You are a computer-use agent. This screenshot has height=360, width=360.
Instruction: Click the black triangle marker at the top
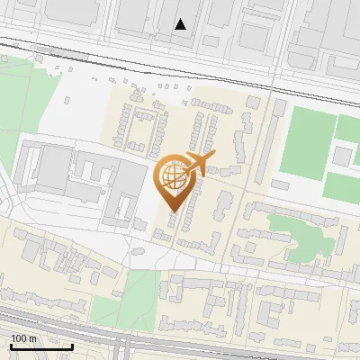tap(181, 24)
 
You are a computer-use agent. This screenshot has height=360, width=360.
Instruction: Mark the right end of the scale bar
tap(72, 346)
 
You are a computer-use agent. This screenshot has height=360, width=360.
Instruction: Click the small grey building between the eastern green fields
tap(342, 156)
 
